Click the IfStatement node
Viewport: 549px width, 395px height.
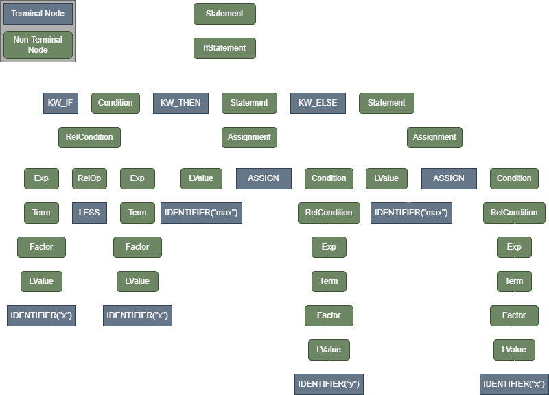coord(224,48)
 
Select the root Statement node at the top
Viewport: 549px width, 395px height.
coord(224,14)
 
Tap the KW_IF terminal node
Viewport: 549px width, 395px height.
coord(62,103)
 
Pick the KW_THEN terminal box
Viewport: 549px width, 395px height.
coord(180,103)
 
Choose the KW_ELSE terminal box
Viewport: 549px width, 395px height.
coord(318,103)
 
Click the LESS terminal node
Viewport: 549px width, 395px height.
coord(89,213)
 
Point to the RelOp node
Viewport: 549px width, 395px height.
coord(89,178)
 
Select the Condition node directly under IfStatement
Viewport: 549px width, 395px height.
coord(115,103)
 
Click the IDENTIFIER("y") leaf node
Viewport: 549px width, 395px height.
coord(329,384)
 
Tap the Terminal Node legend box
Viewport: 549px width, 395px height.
coord(38,14)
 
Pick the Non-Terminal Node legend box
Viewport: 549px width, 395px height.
coord(38,45)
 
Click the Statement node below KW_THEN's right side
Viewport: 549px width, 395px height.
coord(249,103)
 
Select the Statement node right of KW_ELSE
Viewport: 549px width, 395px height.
coord(386,103)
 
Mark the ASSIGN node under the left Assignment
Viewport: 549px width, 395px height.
coord(263,178)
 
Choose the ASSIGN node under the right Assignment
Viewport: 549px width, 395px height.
coord(448,178)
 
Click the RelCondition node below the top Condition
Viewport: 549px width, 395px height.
coord(89,137)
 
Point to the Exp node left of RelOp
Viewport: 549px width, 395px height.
coord(41,178)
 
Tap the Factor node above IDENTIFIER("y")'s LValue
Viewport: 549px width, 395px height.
coord(329,315)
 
